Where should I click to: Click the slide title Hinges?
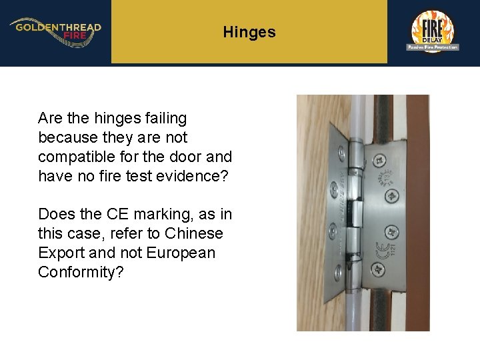pyautogui.click(x=249, y=32)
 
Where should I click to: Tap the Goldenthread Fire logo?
pyautogui.click(x=55, y=31)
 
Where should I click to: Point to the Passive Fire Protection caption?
pyautogui.click(x=433, y=47)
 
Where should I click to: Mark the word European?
pyautogui.click(x=181, y=253)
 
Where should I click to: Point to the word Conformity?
pyautogui.click(x=81, y=272)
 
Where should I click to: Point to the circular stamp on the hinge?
pyautogui.click(x=386, y=179)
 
